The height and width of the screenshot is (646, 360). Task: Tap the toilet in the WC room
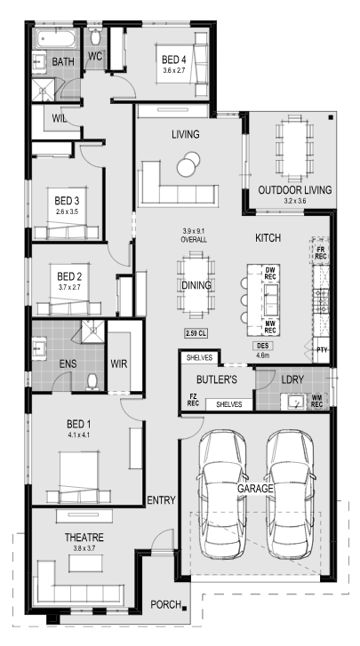[x=96, y=38]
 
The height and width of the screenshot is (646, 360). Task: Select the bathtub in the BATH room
[x=56, y=40]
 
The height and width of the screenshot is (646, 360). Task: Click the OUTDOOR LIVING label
[x=294, y=190]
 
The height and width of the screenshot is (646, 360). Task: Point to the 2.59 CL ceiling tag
[x=196, y=333]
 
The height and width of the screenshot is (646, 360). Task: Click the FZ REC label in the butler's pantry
[x=193, y=400]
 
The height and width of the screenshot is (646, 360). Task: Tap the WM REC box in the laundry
[x=317, y=401]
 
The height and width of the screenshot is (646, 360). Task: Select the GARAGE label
[x=255, y=489]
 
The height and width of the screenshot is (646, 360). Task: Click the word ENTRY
[x=162, y=500]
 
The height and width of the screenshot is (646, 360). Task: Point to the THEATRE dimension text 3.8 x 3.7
[x=84, y=548]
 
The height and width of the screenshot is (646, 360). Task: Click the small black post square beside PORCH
[x=185, y=608]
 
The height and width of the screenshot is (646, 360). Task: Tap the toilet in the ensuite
[x=92, y=382]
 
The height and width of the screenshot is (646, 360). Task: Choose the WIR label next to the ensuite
[x=119, y=364]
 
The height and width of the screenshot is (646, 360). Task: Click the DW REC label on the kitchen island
[x=270, y=273]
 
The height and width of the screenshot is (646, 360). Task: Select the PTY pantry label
[x=322, y=350]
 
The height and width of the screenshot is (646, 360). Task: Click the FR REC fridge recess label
[x=321, y=252]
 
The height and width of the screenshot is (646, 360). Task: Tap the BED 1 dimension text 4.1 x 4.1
[x=79, y=435]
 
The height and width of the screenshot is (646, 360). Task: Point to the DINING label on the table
[x=196, y=285]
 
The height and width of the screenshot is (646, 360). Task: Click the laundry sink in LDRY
[x=295, y=401]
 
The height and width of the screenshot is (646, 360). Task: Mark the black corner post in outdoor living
[x=331, y=118]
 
